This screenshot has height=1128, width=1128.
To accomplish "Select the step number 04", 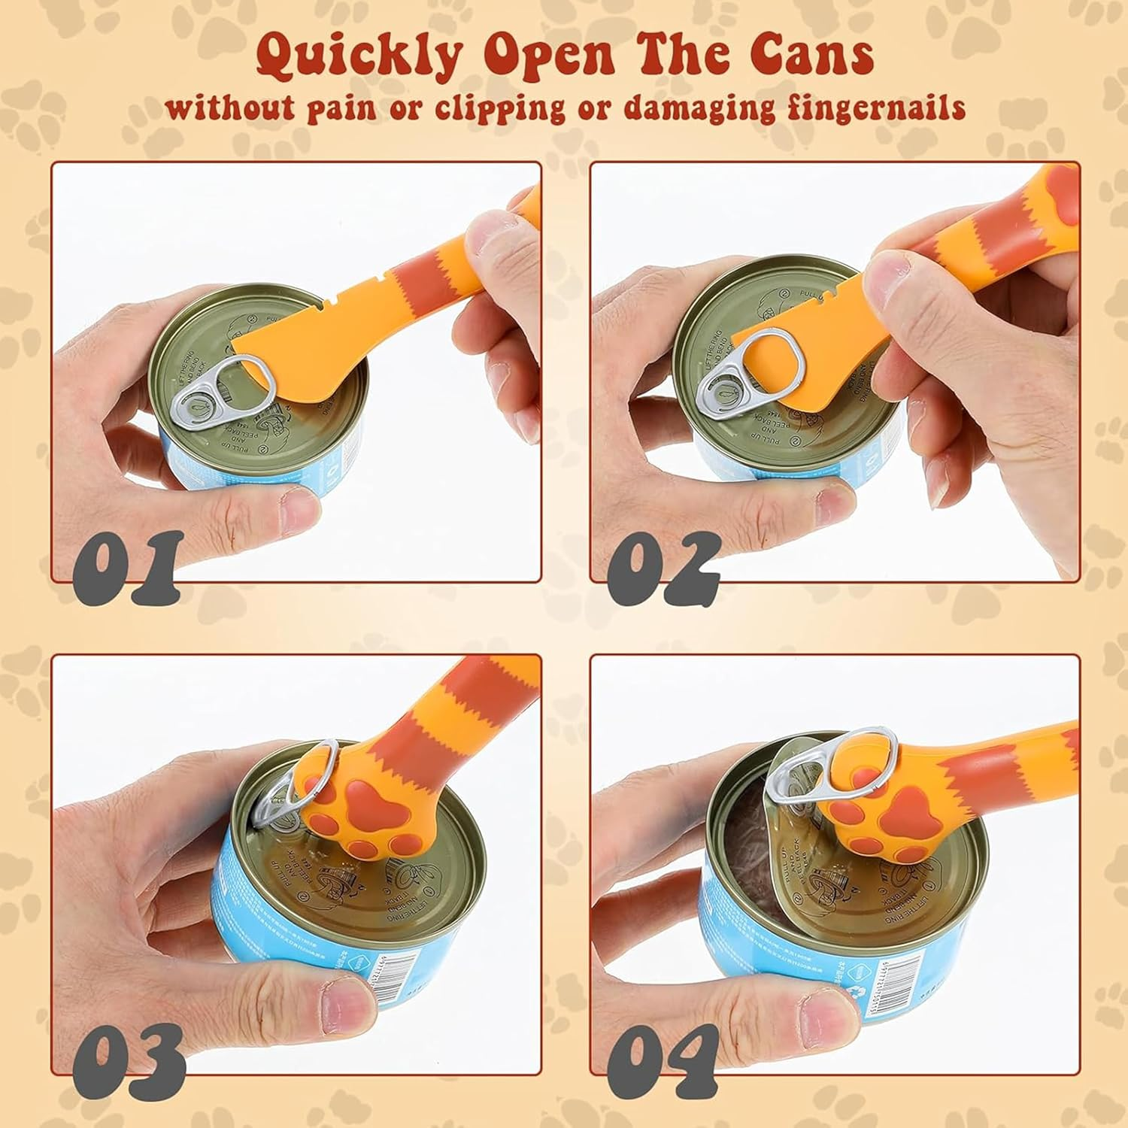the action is (x=663, y=1059).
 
